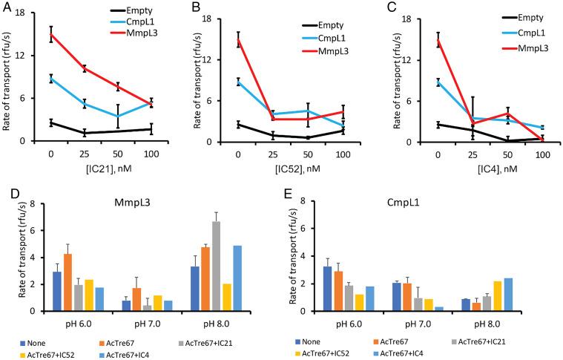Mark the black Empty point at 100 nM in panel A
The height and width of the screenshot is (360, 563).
(x=151, y=129)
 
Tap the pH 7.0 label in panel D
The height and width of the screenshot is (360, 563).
(x=154, y=324)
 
